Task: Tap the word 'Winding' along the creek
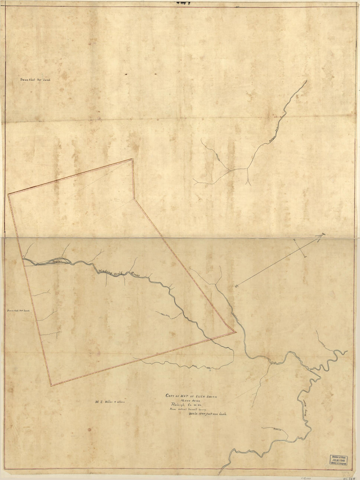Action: [x=105, y=271]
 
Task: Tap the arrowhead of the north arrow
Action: [x=320, y=237]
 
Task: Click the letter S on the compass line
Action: [x=236, y=286]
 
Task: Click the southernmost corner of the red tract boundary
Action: [x=51, y=385]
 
